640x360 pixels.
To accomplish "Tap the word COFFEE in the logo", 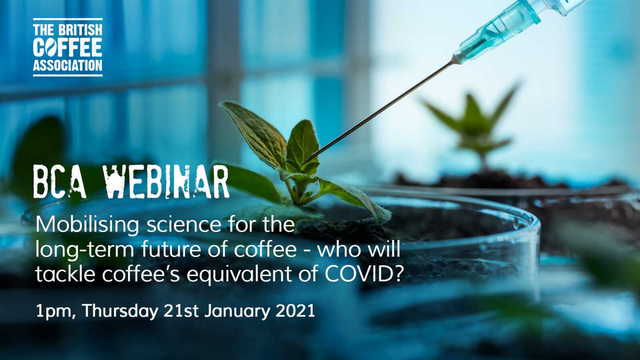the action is click(68, 47).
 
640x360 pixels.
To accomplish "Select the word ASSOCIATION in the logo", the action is click(68, 65).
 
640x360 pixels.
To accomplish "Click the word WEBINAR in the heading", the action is click(166, 182).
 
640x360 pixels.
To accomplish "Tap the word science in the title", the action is click(184, 224).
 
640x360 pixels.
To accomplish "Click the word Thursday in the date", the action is click(120, 311).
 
